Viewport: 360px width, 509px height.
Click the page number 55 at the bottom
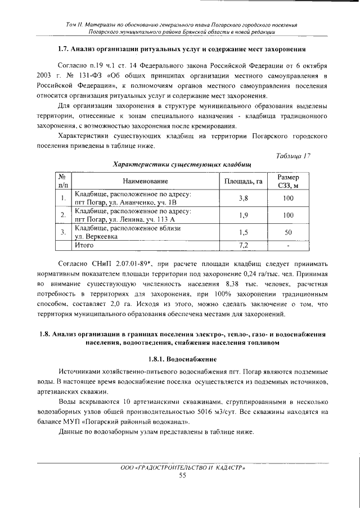point(182,475)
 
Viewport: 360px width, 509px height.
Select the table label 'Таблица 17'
point(294,156)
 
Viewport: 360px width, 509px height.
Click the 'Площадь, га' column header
point(244,181)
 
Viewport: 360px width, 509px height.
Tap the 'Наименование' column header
point(146,181)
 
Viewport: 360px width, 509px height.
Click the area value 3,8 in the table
point(244,198)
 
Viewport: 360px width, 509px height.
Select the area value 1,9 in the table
point(244,215)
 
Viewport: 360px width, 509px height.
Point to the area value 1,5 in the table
point(244,232)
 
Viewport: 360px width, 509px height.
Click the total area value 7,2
point(244,245)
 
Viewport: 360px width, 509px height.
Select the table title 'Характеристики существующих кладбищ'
point(182,164)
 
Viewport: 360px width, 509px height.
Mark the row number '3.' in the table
point(63,232)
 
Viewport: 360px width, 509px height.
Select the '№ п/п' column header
point(63,181)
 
